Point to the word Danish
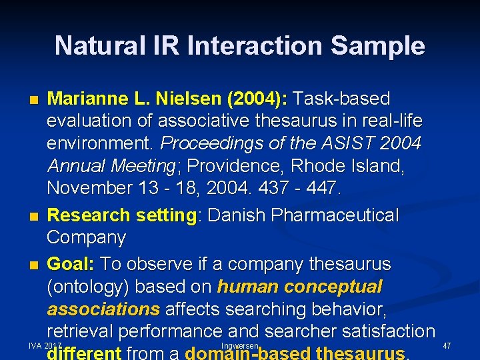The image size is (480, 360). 239,215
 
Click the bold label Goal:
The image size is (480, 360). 71,264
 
